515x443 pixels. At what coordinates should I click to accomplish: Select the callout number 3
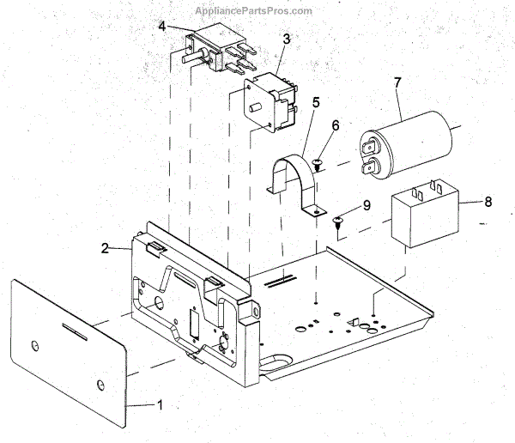click(x=286, y=39)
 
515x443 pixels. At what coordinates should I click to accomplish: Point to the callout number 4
click(x=161, y=26)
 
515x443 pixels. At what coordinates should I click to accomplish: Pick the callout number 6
click(x=336, y=125)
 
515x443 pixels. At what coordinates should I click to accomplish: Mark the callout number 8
click(x=488, y=203)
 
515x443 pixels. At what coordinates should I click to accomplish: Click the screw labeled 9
click(x=337, y=221)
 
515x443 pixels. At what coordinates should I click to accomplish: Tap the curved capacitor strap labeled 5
click(x=295, y=180)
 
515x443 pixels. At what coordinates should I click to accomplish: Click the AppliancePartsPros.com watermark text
click(x=253, y=10)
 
